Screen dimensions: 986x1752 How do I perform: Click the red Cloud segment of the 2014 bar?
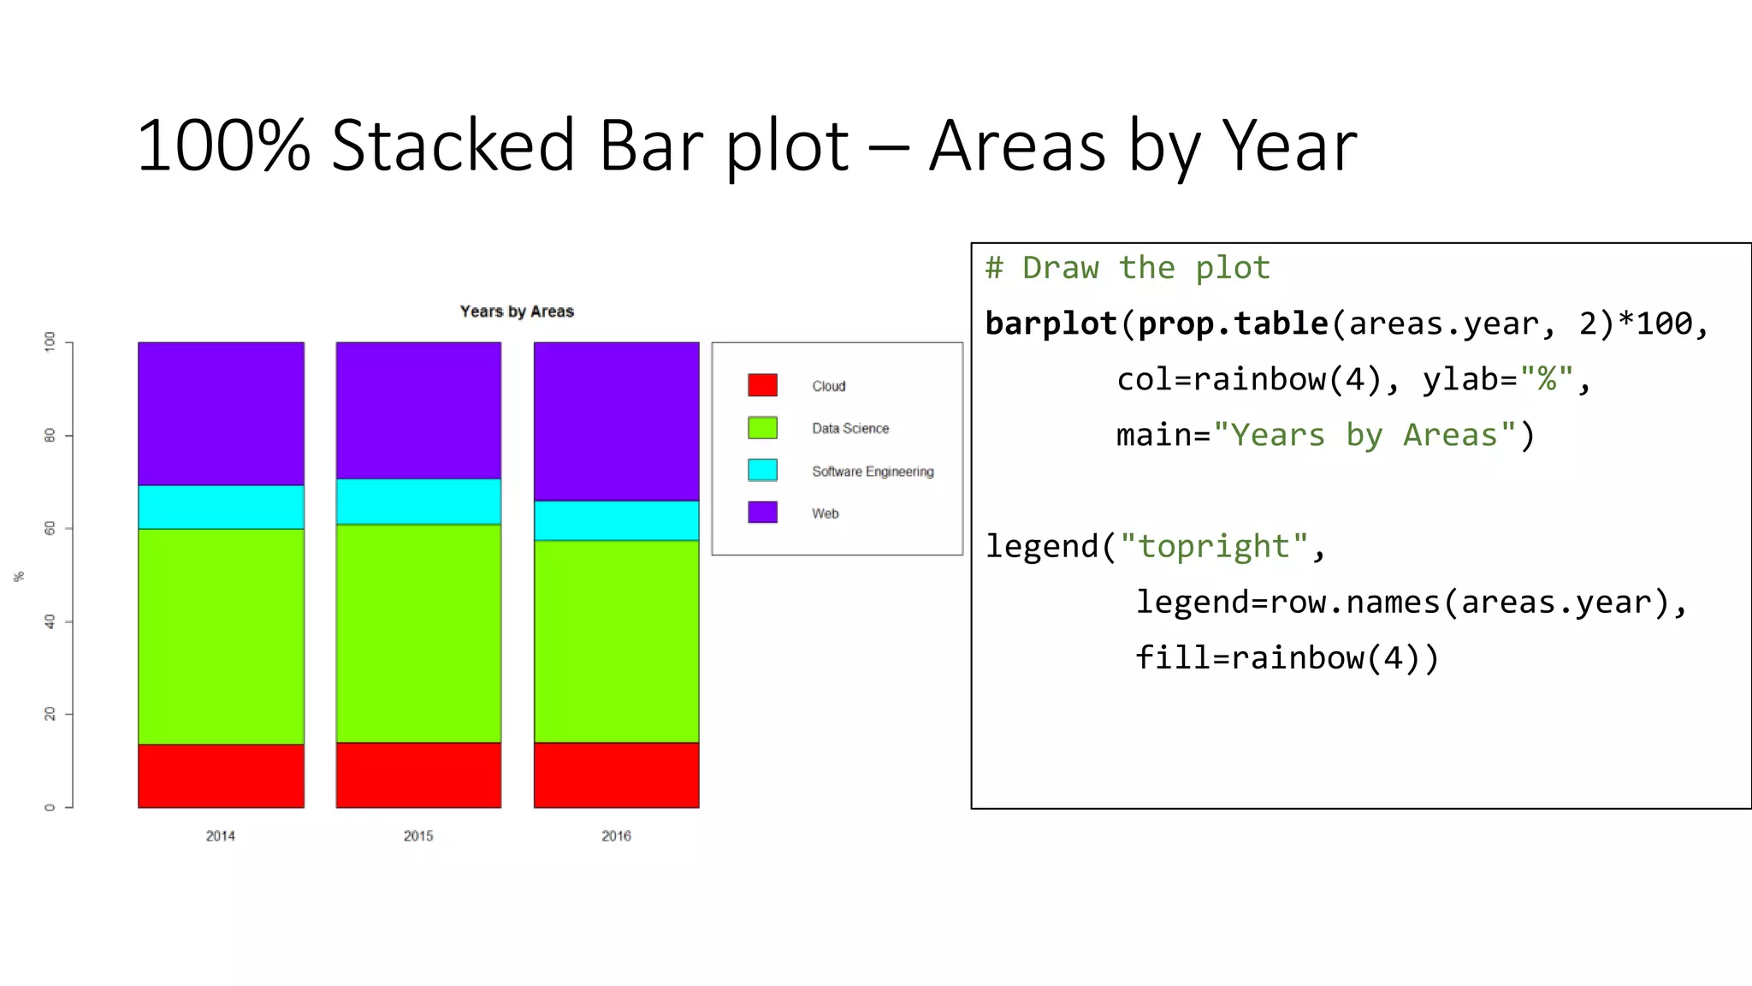[x=221, y=775]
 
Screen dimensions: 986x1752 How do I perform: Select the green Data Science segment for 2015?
[x=418, y=633]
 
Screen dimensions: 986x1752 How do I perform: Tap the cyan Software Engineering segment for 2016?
[x=616, y=520]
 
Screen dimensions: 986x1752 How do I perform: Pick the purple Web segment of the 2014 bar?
[x=221, y=413]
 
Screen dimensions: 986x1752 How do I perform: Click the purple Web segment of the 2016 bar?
[x=616, y=421]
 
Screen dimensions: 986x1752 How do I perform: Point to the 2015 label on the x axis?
[x=418, y=836]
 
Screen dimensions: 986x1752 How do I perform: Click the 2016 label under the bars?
[x=616, y=836]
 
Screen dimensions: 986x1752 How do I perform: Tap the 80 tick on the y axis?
[x=50, y=436]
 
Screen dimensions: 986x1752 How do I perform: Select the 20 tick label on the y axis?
[x=50, y=714]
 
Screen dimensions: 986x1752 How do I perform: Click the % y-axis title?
[x=19, y=577]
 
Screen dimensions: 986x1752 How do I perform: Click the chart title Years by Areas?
[x=517, y=312]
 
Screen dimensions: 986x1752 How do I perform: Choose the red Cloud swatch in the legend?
[x=762, y=385]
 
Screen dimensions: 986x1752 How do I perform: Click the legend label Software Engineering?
[x=873, y=472]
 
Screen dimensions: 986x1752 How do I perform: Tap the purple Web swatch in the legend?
[x=762, y=512]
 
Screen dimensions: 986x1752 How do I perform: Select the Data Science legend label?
[x=850, y=429]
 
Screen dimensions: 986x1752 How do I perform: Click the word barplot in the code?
[x=1051, y=324]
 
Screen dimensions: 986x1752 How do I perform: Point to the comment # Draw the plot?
[x=1127, y=268]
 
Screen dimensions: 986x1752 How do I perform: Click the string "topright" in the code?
[x=1213, y=547]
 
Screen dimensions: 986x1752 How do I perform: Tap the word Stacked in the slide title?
[x=453, y=146]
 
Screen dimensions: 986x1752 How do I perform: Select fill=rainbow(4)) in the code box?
[x=1287, y=658]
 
